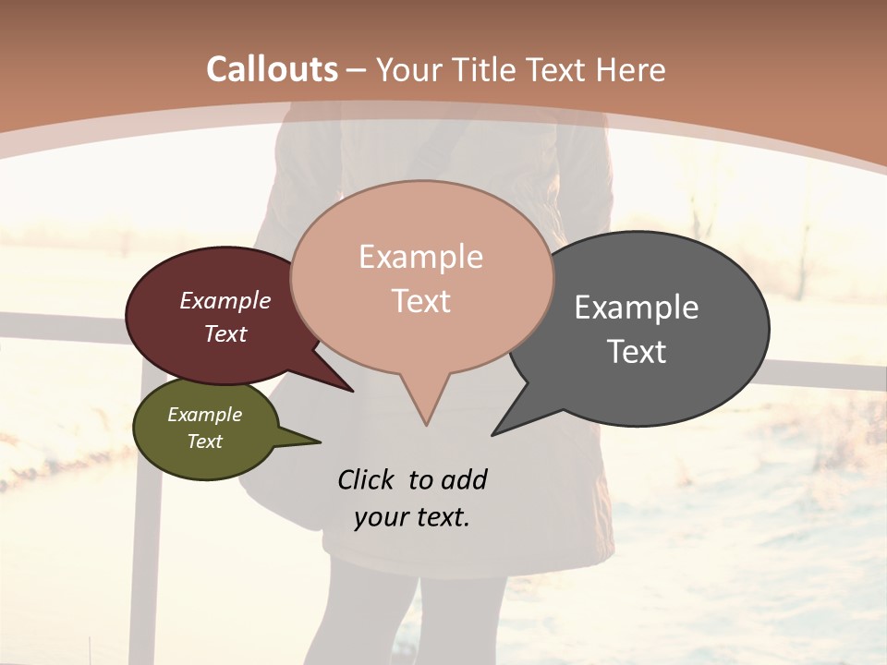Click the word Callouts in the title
click(272, 69)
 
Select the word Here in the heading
click(631, 69)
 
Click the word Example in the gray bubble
click(637, 308)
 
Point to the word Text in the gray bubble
click(637, 351)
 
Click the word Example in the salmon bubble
click(420, 257)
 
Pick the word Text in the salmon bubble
click(421, 301)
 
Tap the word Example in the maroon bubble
click(225, 301)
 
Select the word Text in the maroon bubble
click(225, 333)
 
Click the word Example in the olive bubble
click(204, 415)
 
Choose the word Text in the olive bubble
click(204, 441)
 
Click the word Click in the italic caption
click(367, 479)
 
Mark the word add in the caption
click(464, 479)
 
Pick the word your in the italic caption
click(382, 517)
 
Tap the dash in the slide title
click(358, 70)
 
